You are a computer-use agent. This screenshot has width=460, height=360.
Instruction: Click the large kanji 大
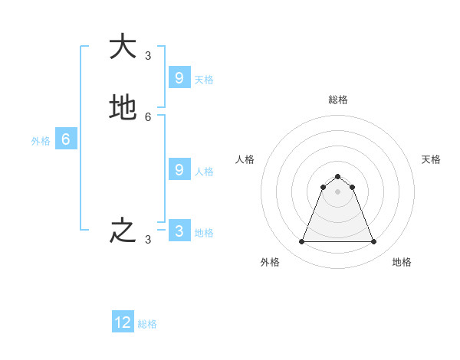pos(122,47)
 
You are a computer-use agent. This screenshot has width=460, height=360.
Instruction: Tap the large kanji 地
pos(122,108)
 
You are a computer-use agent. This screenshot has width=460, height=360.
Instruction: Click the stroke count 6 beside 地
pos(148,117)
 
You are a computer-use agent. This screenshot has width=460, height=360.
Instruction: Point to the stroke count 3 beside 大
pos(148,55)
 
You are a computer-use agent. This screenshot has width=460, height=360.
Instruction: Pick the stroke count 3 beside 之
pos(148,240)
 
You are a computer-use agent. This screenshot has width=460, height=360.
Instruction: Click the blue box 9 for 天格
pos(179,77)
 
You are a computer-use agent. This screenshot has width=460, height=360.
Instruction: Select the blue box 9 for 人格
pos(179,169)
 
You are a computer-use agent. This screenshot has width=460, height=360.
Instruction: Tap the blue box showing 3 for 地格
pos(179,231)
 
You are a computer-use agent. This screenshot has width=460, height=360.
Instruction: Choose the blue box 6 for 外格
pos(66,139)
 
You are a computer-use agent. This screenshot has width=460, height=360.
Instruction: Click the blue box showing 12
pos(123,322)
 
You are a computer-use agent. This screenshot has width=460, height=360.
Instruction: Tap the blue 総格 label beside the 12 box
pos(147,324)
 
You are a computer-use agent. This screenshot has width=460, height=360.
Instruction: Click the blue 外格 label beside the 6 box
pos(41,141)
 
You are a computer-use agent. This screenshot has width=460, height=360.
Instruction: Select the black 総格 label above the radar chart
pos(338,100)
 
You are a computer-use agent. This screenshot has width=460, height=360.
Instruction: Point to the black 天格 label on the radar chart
pos(431,159)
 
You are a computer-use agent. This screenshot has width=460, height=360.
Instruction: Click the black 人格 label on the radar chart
pos(245,159)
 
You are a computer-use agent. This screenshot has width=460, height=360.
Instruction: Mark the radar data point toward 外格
pos(301,242)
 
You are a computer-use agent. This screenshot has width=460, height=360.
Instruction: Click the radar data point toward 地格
pos(373,242)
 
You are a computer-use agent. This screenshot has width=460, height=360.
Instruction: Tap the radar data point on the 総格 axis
pos(337,176)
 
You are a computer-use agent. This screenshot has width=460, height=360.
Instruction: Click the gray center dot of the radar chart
pos(337,191)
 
